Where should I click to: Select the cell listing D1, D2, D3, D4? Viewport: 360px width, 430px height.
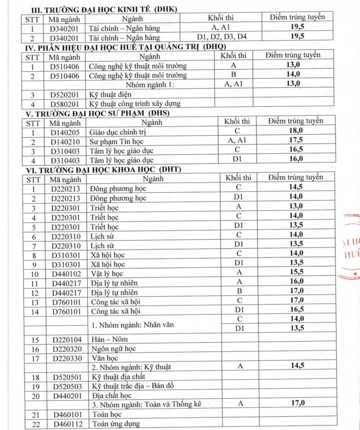click(x=222, y=37)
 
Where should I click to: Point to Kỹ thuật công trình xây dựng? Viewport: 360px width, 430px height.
click(x=135, y=103)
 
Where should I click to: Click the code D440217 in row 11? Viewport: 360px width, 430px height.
click(x=67, y=283)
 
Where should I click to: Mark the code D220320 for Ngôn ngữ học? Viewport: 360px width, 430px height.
click(x=67, y=348)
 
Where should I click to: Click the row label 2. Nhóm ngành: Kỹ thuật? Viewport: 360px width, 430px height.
click(x=131, y=367)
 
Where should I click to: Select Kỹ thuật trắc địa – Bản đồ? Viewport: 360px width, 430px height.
click(x=134, y=386)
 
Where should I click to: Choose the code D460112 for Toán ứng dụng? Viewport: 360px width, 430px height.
click(x=67, y=423)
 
